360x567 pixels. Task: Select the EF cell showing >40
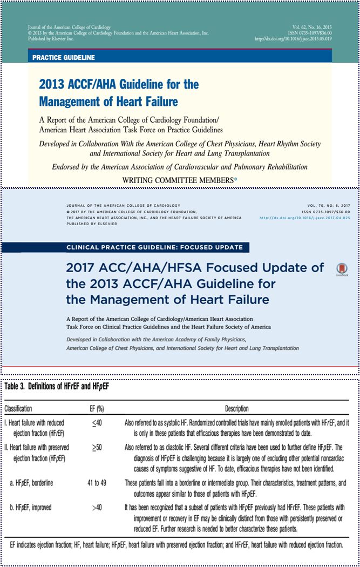[97, 508]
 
